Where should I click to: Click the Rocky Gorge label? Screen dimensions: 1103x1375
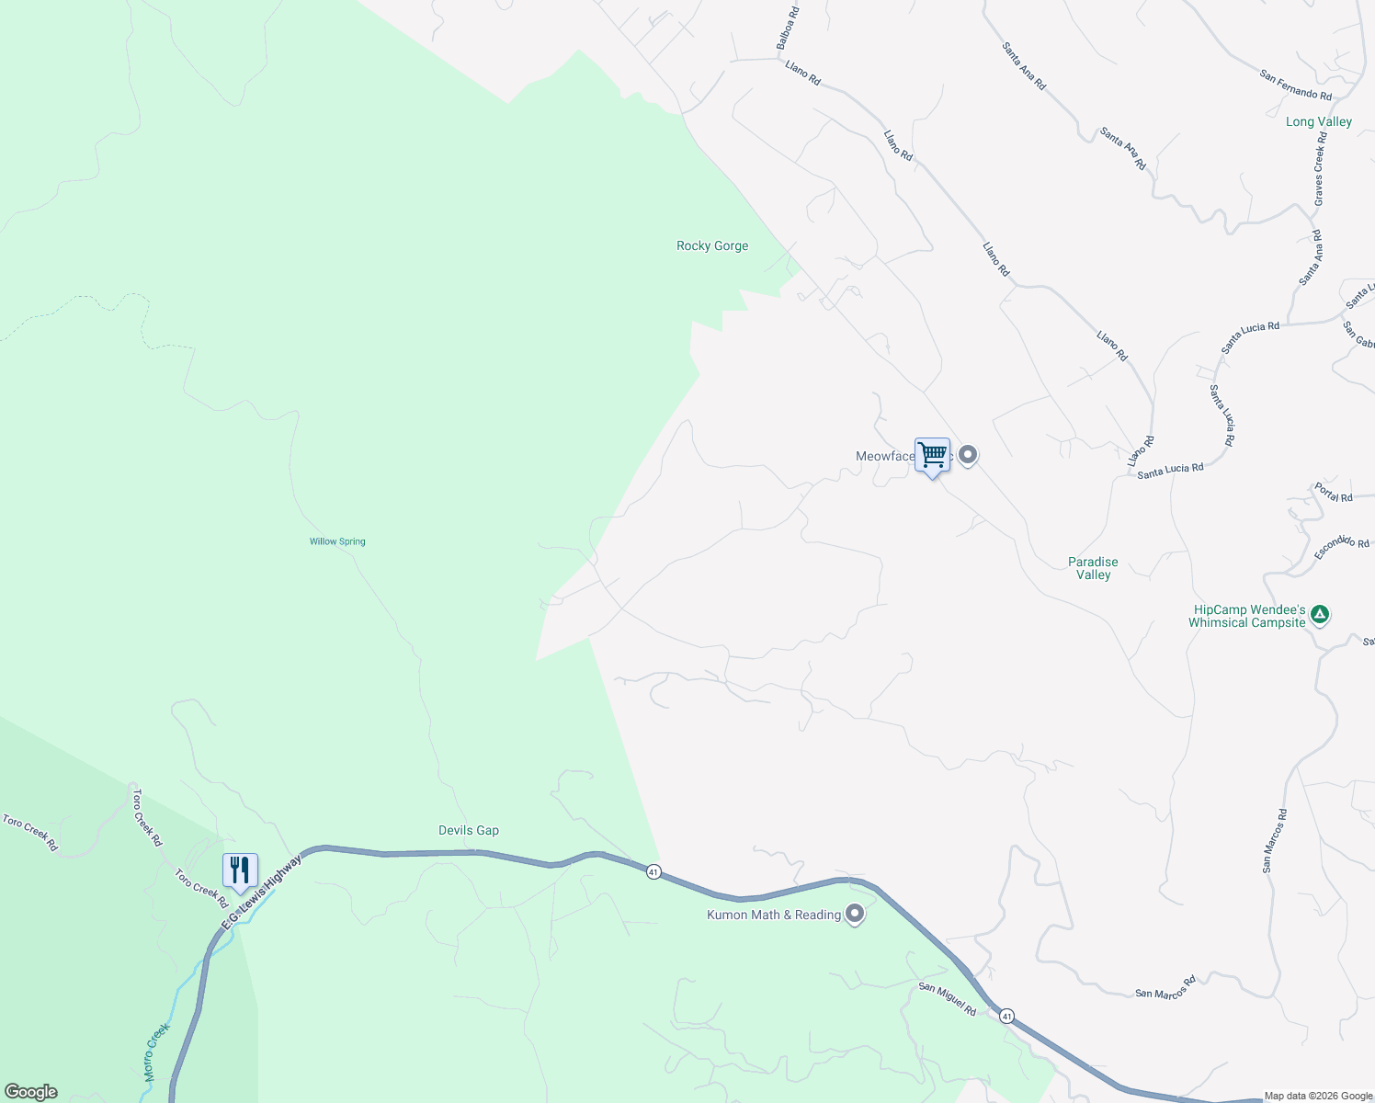(x=712, y=245)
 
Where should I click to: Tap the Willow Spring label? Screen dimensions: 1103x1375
(x=337, y=541)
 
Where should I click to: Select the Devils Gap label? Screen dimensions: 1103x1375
(x=469, y=830)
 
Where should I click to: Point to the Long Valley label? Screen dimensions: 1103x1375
(x=1319, y=121)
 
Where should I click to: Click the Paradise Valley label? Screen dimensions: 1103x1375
(x=1094, y=568)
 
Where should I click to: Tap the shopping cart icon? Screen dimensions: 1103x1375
(x=932, y=455)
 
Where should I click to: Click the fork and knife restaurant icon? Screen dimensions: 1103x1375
(x=240, y=870)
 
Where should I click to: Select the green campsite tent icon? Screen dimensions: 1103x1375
(x=1320, y=614)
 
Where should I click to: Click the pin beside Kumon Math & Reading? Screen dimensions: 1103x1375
(x=855, y=914)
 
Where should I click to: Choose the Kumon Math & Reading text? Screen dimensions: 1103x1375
(x=774, y=915)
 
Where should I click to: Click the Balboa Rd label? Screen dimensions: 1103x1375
(x=788, y=28)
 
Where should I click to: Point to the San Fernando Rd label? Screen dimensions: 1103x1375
(x=1296, y=85)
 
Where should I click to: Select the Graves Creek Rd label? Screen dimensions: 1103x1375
(x=1320, y=168)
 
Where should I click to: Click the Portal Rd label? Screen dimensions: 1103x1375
(x=1334, y=492)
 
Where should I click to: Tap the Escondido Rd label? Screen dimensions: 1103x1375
(x=1343, y=546)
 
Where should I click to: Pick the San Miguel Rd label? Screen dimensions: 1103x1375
(x=948, y=998)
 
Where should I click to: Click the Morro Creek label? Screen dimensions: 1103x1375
(x=156, y=1052)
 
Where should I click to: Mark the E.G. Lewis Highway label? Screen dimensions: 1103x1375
(x=262, y=893)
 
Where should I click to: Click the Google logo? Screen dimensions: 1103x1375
(x=31, y=1092)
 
